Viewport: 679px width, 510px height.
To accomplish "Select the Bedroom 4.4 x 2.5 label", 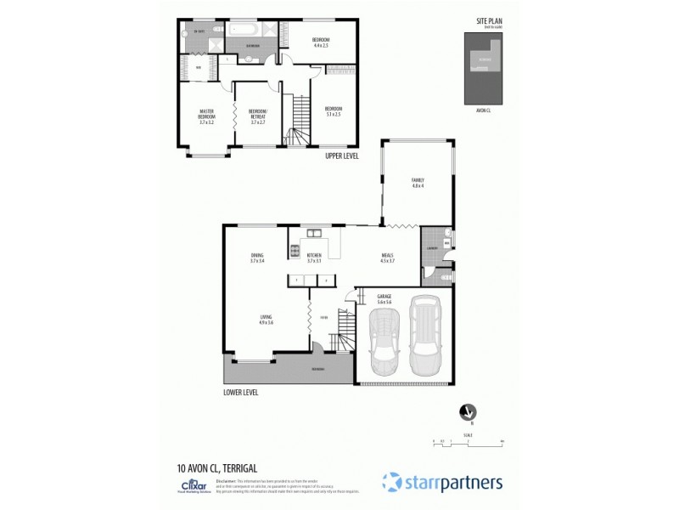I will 320,42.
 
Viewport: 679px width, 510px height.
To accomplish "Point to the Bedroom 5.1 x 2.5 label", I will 333,110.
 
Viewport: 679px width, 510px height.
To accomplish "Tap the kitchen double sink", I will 313,235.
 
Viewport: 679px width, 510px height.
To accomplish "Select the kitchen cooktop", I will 295,252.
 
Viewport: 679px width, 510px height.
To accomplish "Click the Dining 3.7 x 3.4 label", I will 256,258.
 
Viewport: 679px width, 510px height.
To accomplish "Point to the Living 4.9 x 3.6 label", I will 266,320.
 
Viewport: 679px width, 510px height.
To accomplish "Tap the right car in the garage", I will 424,334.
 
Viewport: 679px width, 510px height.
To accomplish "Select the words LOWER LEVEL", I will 240,393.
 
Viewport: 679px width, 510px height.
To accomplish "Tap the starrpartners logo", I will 442,482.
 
